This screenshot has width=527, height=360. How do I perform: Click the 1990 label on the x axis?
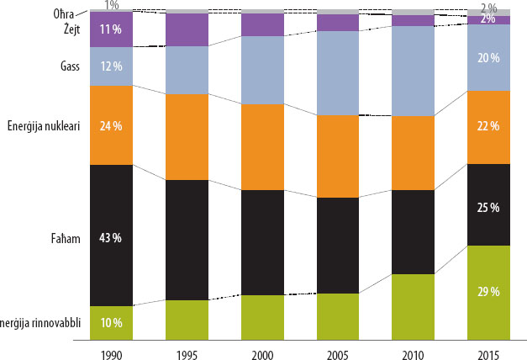111,347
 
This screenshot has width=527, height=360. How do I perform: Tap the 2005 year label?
338,347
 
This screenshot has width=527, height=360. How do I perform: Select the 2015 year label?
488,347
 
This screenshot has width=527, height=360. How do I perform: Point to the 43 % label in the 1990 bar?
111,238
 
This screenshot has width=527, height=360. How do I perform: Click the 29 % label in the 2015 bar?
488,292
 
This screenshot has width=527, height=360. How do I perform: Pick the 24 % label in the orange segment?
111,126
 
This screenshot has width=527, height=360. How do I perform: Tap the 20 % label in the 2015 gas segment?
488,58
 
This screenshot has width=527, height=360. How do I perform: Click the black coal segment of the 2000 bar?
262,242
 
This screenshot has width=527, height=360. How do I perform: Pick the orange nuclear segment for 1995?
187,136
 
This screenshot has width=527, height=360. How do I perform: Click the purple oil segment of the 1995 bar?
187,29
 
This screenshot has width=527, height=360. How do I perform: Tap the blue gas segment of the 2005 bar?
338,72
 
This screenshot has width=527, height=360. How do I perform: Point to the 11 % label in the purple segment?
111,29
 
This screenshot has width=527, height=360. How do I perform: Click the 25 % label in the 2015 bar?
488,207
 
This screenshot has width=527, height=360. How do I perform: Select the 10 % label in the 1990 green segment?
111,322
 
